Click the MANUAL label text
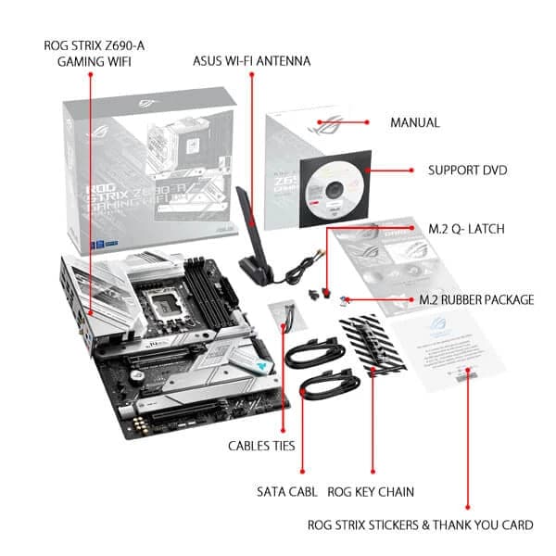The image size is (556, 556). tap(414, 122)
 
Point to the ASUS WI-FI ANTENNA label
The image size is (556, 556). tap(251, 61)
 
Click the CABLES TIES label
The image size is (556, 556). tap(261, 446)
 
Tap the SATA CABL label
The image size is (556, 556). tap(287, 491)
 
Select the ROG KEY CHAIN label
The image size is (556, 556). tap(371, 491)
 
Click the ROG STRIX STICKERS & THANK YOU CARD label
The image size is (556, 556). tap(420, 524)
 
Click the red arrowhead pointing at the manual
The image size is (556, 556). tap(367, 121)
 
